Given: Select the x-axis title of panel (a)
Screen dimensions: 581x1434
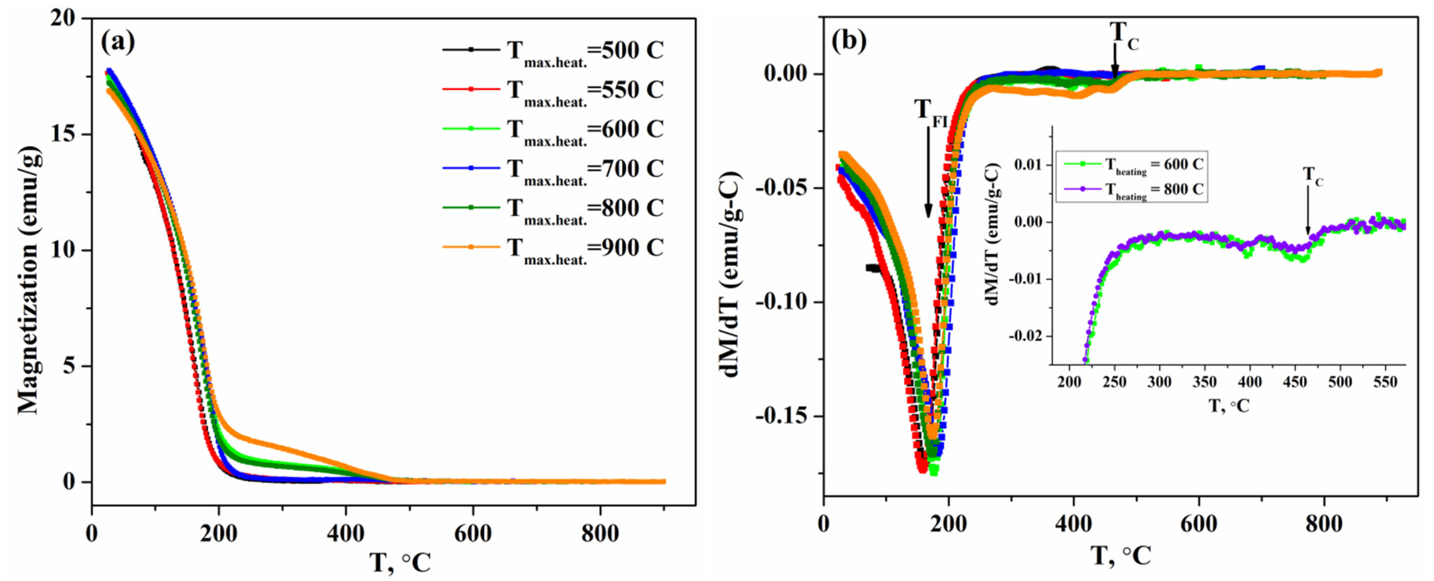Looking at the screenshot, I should (x=400, y=562).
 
